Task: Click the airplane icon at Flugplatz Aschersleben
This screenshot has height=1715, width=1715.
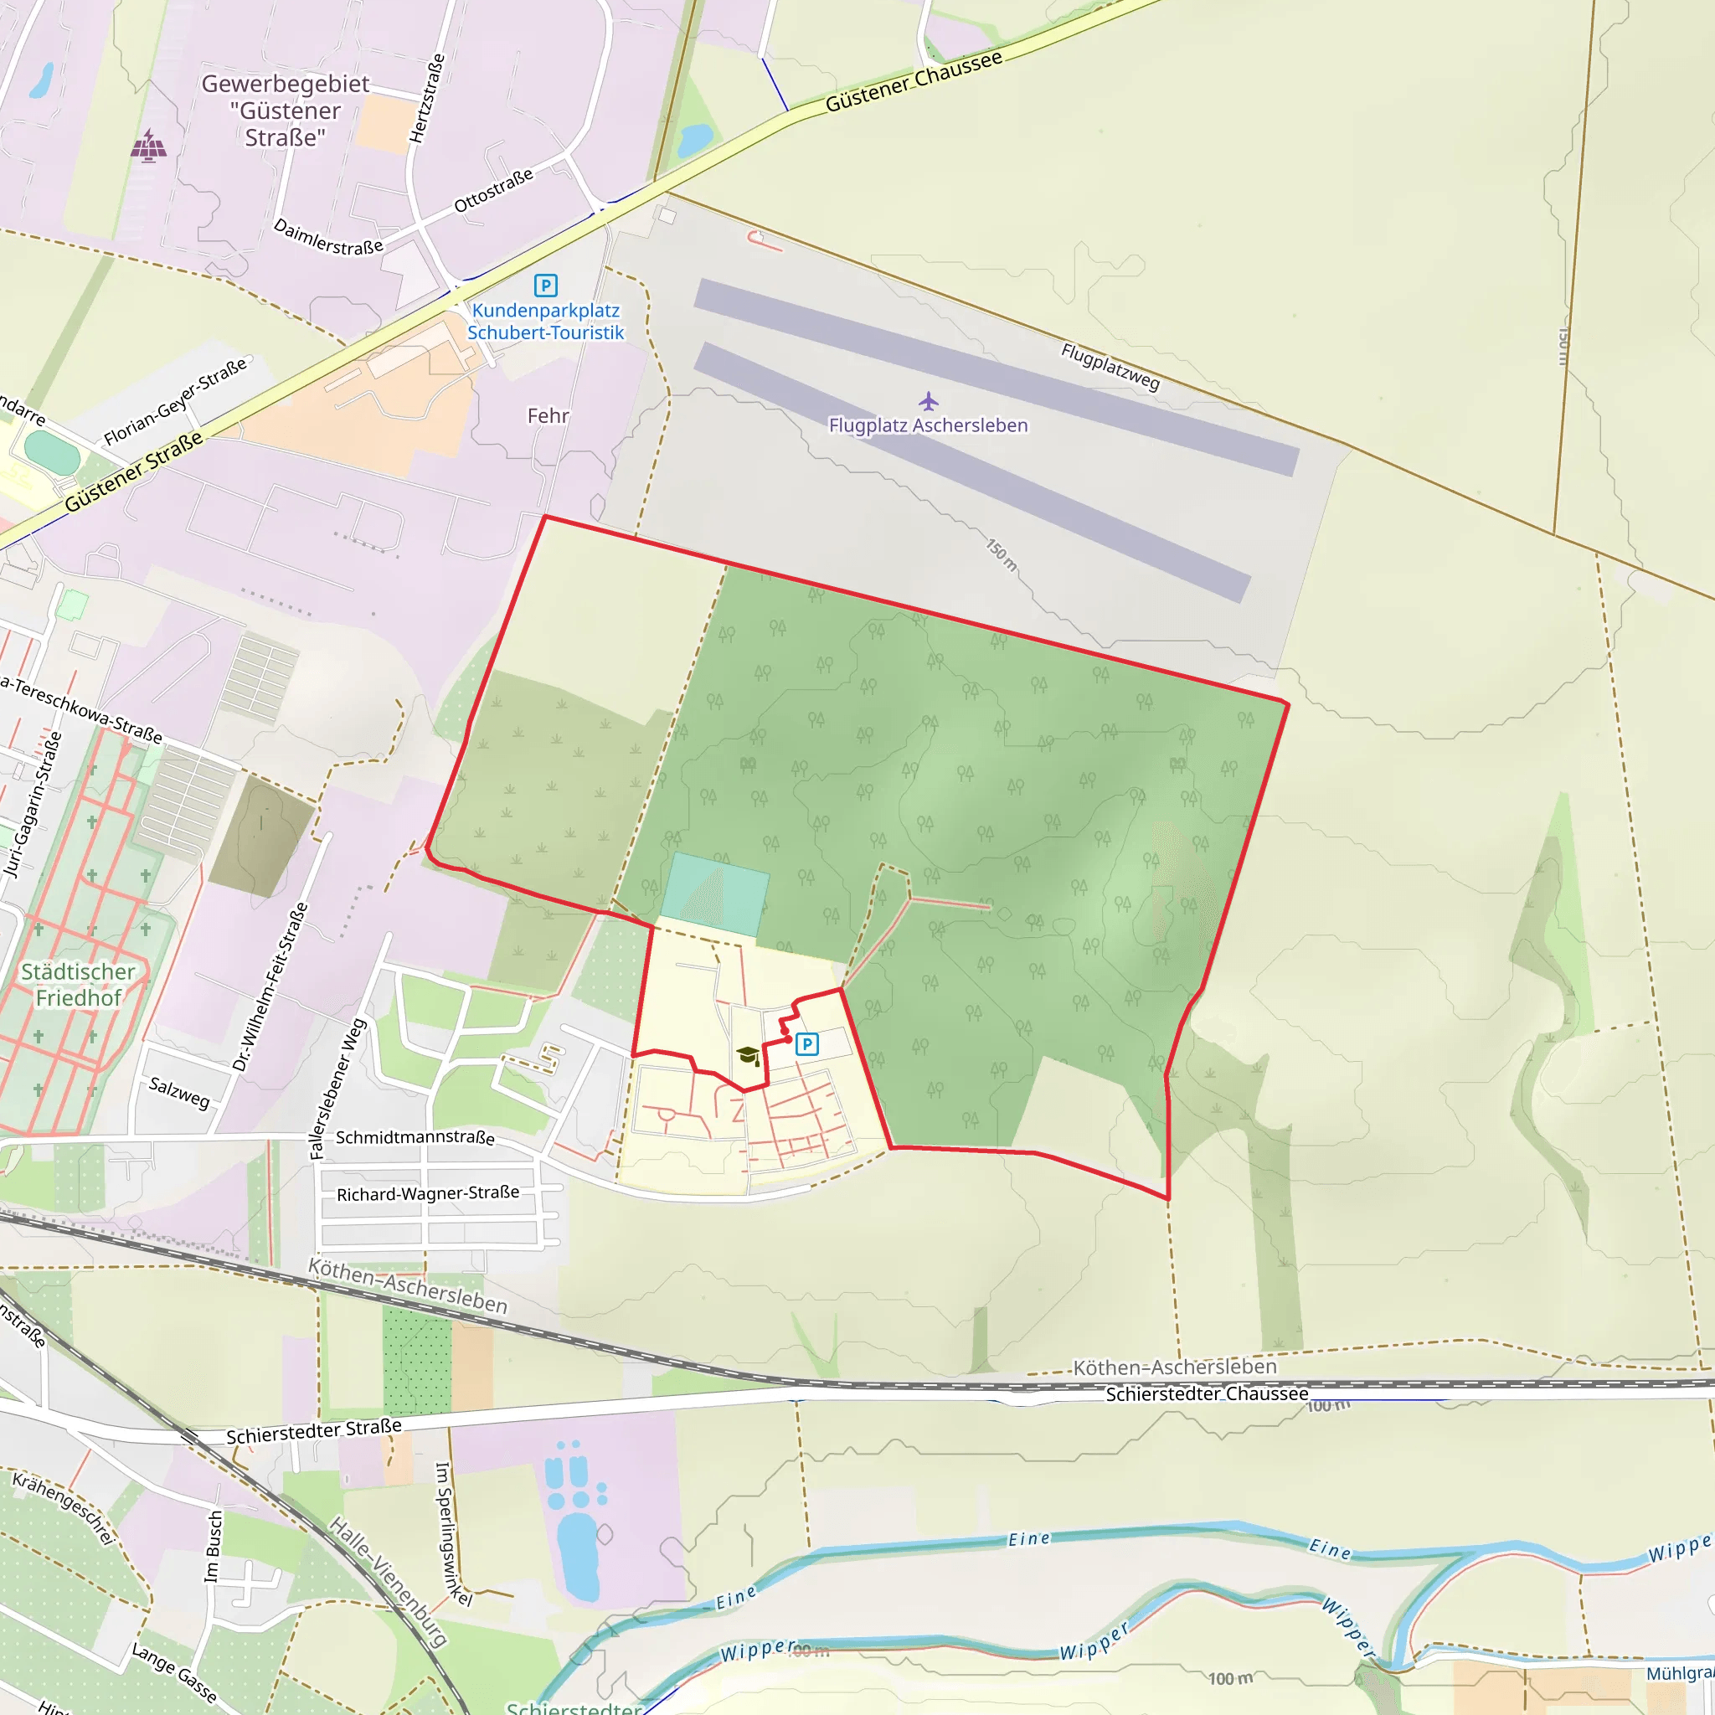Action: tap(929, 401)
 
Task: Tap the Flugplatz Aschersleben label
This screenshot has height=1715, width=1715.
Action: tap(928, 425)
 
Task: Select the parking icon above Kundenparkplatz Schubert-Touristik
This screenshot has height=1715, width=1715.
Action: tap(545, 285)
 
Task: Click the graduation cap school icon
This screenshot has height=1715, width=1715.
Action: tap(748, 1054)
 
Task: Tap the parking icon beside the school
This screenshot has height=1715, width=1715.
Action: tap(807, 1044)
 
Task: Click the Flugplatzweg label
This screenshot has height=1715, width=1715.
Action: tap(1110, 367)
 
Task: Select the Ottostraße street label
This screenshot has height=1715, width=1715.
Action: tap(493, 190)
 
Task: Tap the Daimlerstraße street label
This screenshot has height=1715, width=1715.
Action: tap(328, 237)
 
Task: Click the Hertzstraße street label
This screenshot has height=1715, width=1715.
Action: tap(427, 99)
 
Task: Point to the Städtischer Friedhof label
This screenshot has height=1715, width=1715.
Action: tap(78, 985)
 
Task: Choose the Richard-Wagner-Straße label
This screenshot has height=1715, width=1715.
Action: tap(428, 1193)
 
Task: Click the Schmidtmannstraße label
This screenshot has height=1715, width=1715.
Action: tap(415, 1137)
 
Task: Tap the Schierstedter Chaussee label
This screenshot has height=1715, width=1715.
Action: tap(1207, 1393)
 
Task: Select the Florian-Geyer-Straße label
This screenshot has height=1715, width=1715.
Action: tap(177, 401)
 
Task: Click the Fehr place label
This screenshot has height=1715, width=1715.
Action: tap(548, 415)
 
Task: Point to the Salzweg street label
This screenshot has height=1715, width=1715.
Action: tap(179, 1092)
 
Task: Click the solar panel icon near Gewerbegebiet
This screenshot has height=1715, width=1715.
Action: tap(148, 146)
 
